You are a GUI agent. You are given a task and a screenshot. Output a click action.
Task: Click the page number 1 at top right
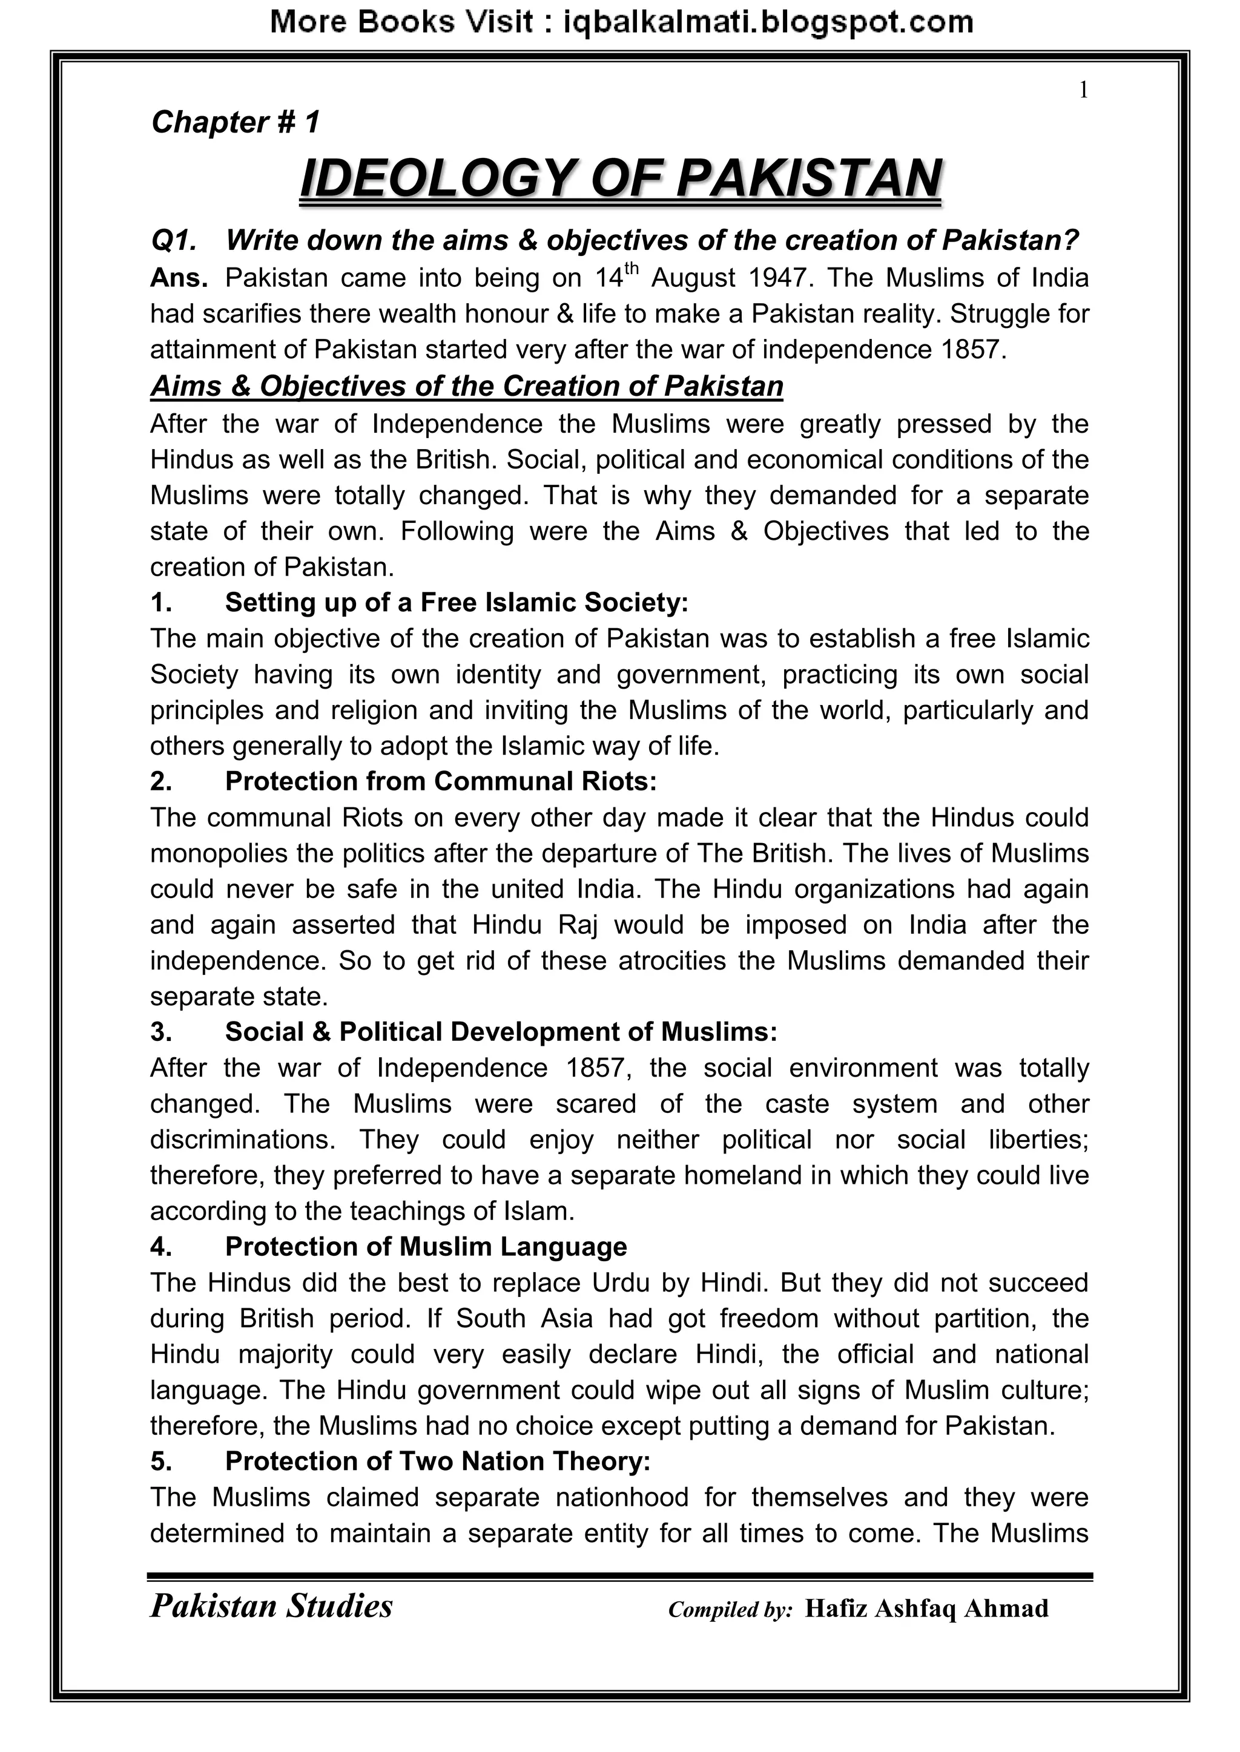(x=1083, y=91)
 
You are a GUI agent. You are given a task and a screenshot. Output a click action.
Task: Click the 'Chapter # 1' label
(x=235, y=122)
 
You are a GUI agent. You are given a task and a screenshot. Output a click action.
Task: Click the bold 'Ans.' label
(x=179, y=278)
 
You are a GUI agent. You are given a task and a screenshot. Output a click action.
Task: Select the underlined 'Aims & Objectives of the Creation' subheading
(x=467, y=386)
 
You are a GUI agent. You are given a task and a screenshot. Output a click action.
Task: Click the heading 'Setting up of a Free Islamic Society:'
(x=456, y=603)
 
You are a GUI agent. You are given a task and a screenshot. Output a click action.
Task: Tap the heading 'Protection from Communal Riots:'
(x=441, y=781)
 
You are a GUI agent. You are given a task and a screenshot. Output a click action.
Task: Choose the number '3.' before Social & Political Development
(x=161, y=1032)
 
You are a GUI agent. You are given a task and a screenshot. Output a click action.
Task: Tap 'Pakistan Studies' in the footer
(x=271, y=1606)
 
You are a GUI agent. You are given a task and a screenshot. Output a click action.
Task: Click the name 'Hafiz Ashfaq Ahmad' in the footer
(x=926, y=1609)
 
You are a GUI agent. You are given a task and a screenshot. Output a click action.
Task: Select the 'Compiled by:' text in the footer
(x=730, y=1610)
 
